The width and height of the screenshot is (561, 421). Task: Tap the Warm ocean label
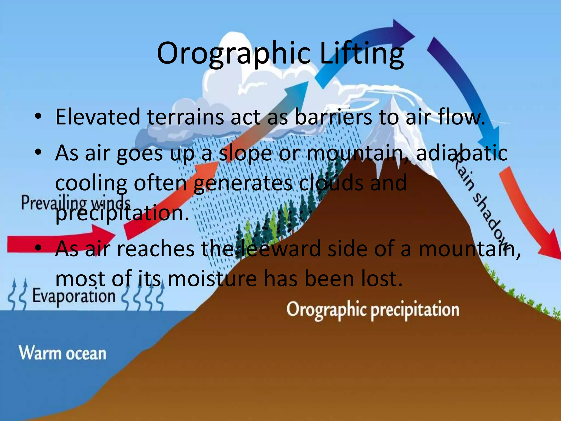click(62, 353)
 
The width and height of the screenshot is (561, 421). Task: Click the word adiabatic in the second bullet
click(462, 153)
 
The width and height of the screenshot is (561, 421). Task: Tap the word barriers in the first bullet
click(333, 117)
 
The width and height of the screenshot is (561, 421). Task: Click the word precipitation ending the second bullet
click(122, 213)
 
